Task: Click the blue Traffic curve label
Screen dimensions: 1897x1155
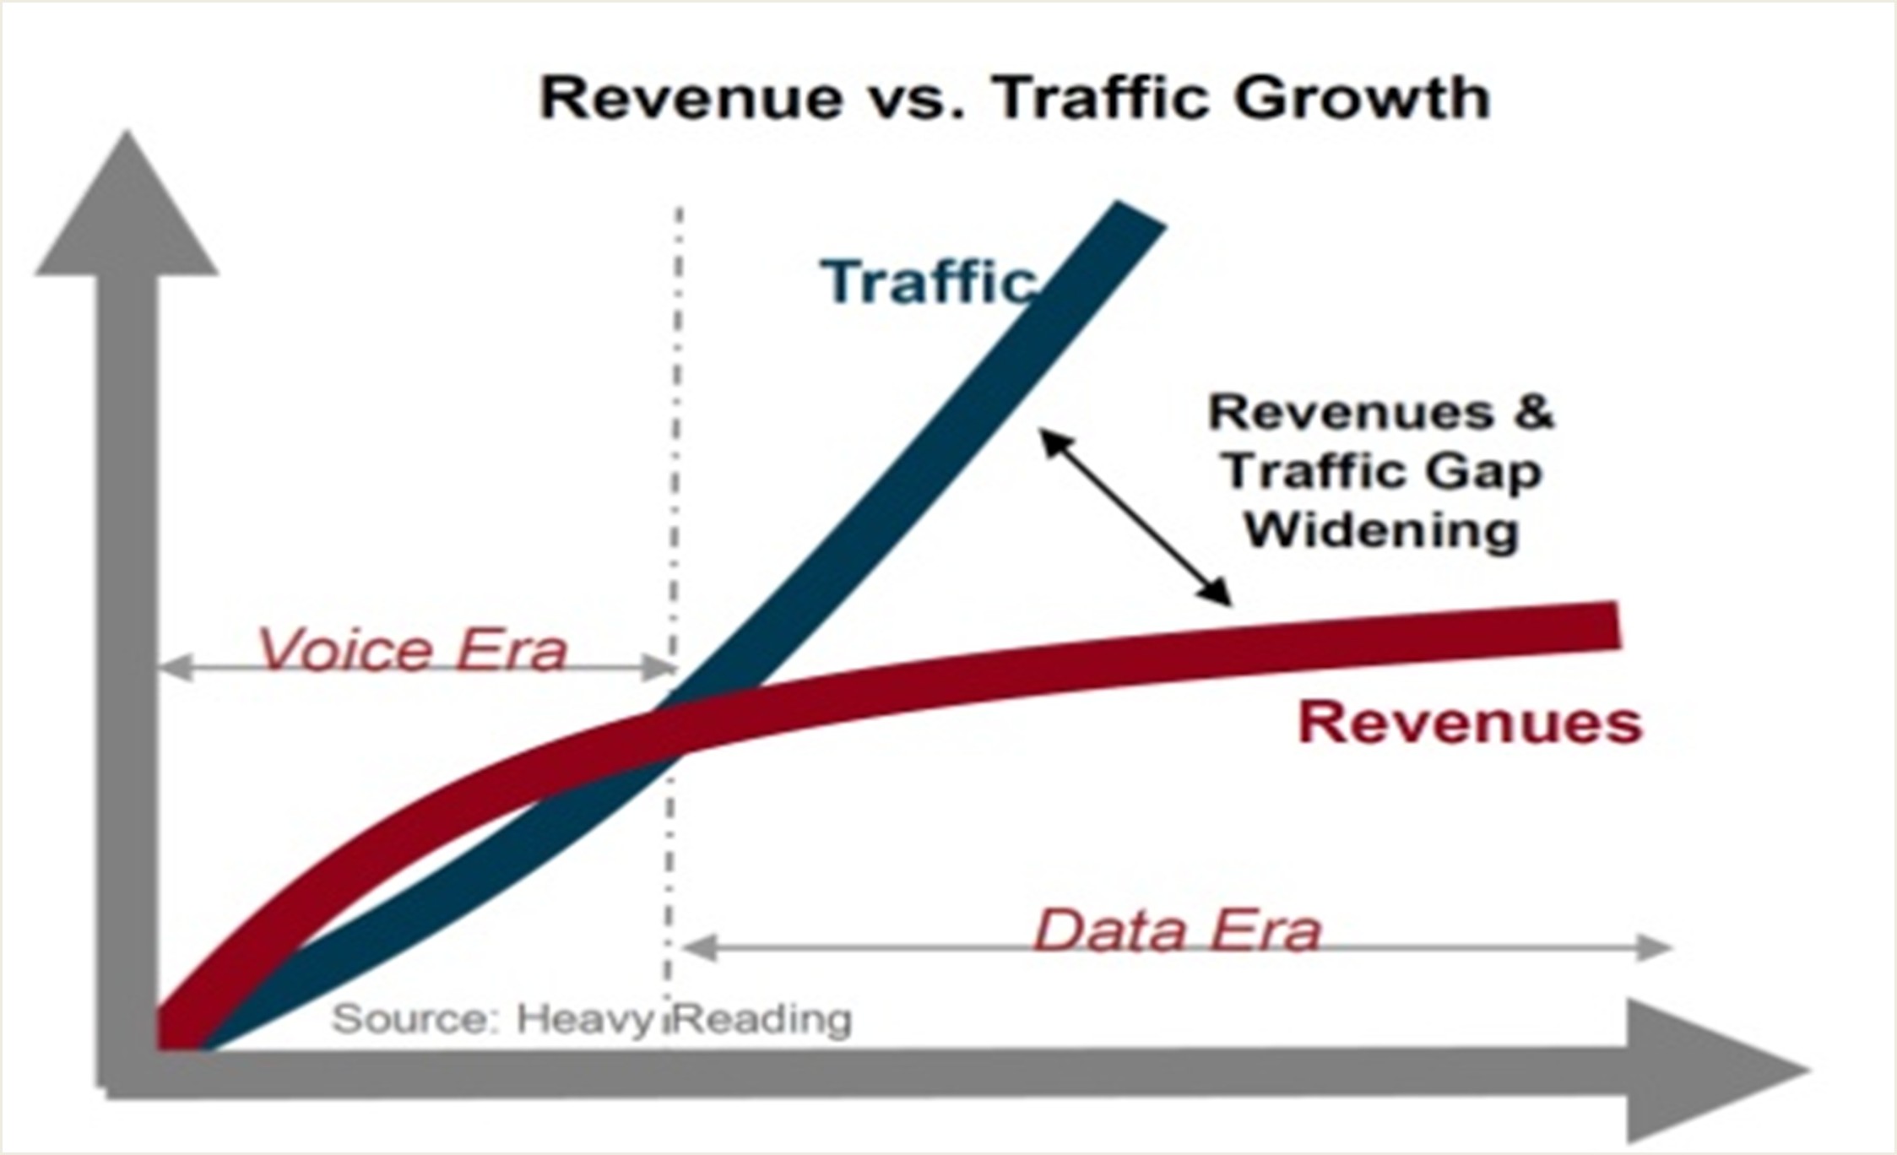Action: (x=928, y=281)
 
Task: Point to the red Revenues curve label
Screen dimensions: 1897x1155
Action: (x=1470, y=723)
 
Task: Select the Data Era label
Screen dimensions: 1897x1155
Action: (x=1178, y=930)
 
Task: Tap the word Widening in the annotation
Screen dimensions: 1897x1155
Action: (x=1382, y=530)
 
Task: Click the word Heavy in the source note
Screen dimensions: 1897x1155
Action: (x=585, y=1019)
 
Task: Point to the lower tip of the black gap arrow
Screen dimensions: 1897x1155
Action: (x=1231, y=605)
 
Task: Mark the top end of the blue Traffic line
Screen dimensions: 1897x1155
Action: (x=1142, y=214)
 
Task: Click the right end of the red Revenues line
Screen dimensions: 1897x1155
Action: (x=1618, y=625)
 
